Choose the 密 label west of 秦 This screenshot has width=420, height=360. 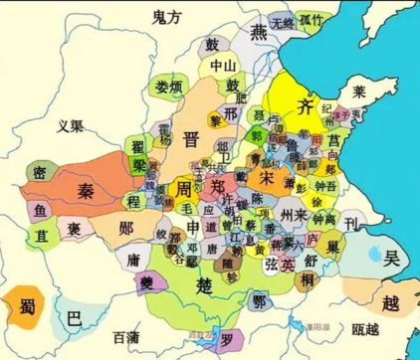point(39,171)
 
